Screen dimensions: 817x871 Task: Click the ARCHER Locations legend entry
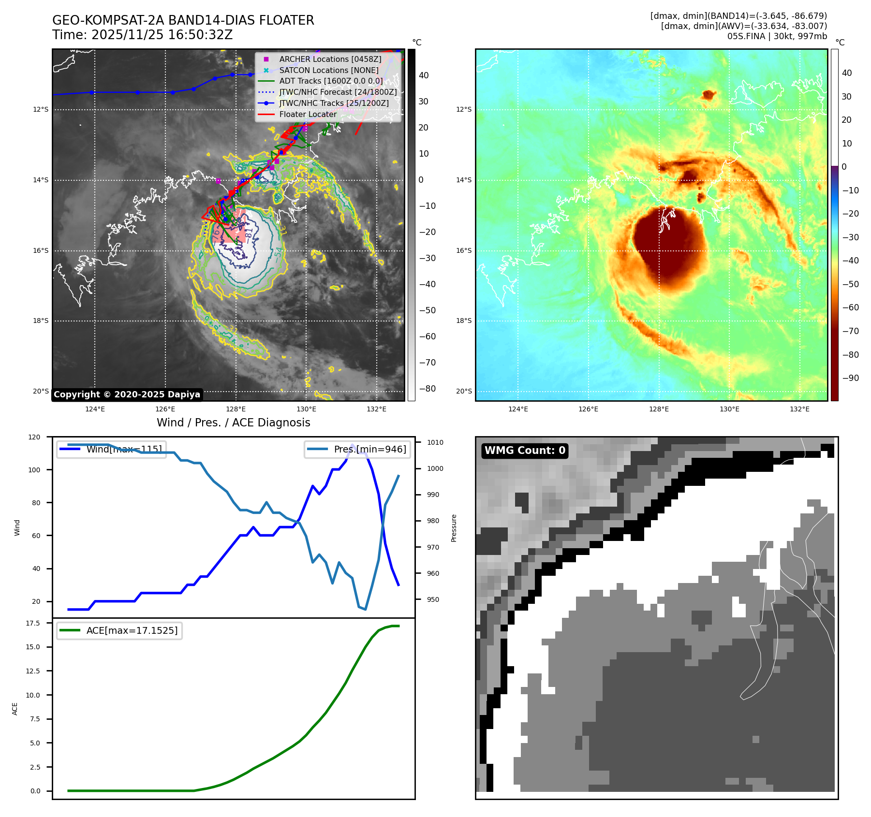coord(330,59)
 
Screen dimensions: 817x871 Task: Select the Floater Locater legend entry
coord(308,114)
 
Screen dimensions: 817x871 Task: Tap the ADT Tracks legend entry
coord(331,81)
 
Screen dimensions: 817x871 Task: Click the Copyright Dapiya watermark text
coord(127,394)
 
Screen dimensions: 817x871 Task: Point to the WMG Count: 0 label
coord(525,451)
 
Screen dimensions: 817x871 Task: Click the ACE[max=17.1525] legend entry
coord(132,630)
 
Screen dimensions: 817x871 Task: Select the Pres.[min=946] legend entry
coord(370,449)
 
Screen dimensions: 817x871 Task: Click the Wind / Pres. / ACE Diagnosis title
coord(233,423)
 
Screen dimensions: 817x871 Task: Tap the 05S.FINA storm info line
coord(777,36)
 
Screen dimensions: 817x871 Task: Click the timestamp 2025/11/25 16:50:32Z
coord(162,35)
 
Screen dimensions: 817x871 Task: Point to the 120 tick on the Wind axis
coord(34,437)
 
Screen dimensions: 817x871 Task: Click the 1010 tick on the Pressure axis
coord(435,442)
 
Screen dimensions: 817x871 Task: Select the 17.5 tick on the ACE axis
coord(33,623)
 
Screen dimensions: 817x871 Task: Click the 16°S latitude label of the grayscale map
coord(41,250)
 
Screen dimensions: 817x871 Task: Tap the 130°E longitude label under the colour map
coord(729,409)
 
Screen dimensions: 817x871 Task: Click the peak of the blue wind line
coord(352,445)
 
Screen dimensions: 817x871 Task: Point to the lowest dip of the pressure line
coord(366,609)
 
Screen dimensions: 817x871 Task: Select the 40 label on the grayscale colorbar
coord(424,75)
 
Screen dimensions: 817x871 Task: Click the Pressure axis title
coord(454,528)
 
